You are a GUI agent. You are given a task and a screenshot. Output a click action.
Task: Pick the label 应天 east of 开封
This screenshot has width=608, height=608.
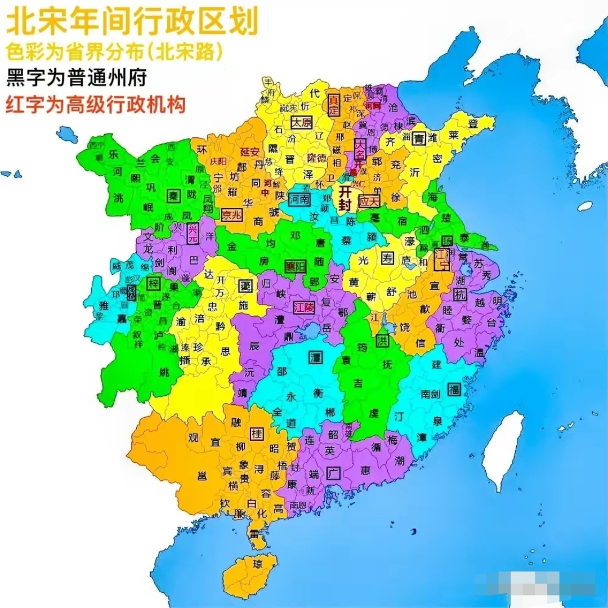(x=370, y=201)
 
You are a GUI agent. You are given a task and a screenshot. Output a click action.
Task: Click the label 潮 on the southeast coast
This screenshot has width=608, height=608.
(x=400, y=461)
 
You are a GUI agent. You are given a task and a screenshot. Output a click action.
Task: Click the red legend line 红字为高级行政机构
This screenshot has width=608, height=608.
(x=96, y=105)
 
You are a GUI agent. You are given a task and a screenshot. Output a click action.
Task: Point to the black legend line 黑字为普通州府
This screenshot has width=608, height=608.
(x=76, y=78)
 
